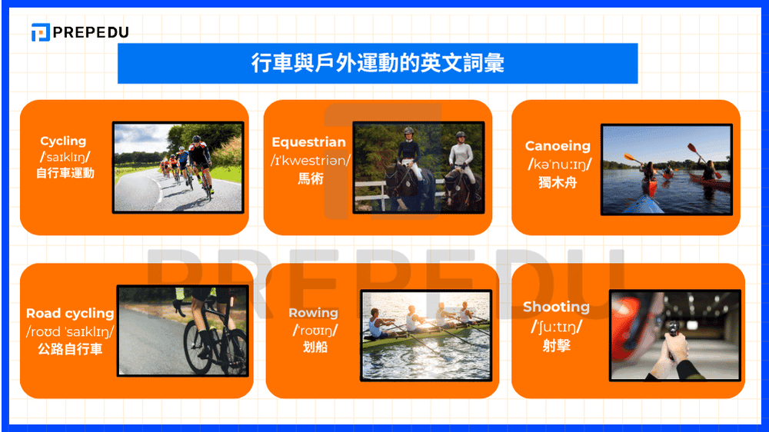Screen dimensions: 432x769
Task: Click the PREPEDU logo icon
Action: coord(41,32)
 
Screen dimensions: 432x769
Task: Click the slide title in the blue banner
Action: coord(378,63)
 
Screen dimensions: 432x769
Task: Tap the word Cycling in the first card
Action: coord(63,141)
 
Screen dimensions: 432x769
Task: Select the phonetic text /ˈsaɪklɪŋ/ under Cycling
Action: coord(63,157)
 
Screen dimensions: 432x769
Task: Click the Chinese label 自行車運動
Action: coord(65,173)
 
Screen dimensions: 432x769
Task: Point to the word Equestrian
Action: coord(308,142)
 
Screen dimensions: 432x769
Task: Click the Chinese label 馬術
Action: coord(309,178)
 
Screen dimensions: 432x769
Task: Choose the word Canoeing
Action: coord(558,146)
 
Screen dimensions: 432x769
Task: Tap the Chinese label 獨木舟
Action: coord(558,182)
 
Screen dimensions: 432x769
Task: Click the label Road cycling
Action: coord(70,314)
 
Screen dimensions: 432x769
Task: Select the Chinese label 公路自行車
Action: coord(70,349)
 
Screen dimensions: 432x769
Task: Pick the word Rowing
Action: coord(313,313)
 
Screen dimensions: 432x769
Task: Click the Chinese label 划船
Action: coord(314,347)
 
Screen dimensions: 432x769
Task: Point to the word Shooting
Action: coord(556,307)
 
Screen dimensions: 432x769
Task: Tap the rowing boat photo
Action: coord(425,335)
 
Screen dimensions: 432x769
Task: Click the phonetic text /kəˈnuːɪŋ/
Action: coord(559,164)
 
